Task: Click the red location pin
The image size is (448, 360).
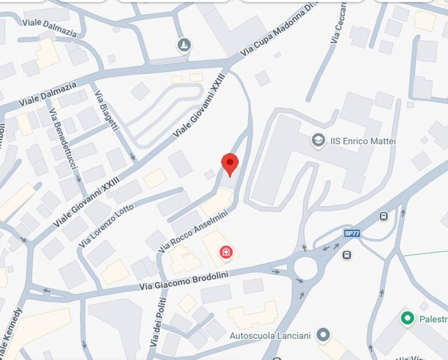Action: point(230,164)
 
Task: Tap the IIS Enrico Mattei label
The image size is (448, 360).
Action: point(363,141)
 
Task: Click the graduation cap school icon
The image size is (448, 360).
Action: point(319,140)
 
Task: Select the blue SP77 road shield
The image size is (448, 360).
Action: point(352,233)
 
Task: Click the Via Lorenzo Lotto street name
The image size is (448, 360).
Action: point(106,226)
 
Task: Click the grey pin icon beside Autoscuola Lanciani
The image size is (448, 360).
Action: point(322,335)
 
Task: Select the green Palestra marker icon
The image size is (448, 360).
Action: point(408,319)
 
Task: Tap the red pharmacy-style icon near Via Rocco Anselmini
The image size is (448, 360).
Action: point(226,252)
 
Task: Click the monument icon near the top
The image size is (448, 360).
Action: point(184,45)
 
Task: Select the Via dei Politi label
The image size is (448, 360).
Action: point(158,322)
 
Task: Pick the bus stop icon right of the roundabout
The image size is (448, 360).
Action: point(347,255)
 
